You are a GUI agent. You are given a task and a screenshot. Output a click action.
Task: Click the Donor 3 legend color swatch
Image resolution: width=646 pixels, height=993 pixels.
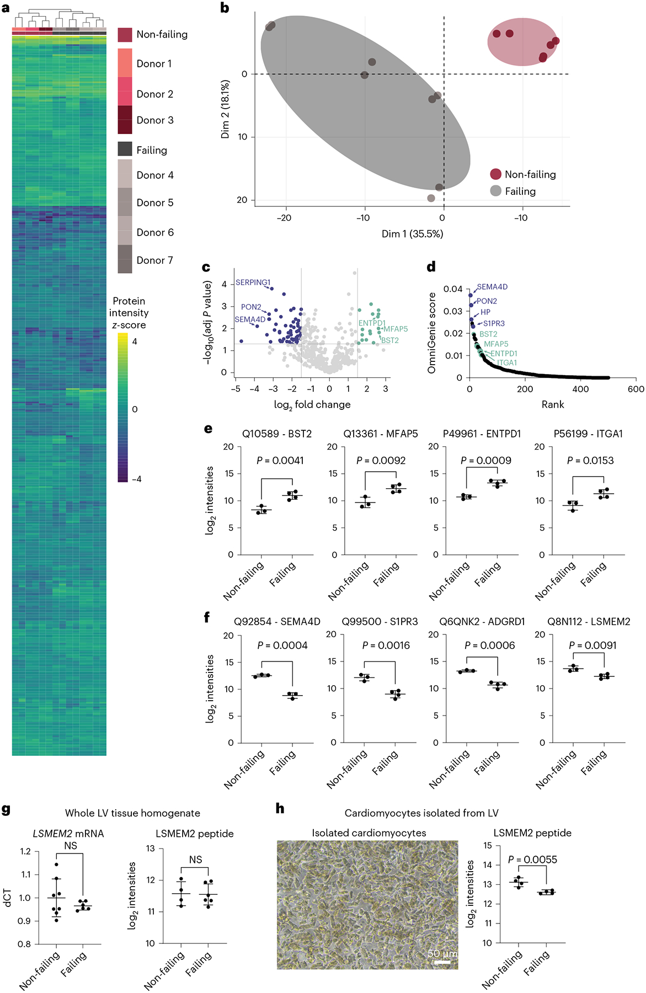[x=125, y=120]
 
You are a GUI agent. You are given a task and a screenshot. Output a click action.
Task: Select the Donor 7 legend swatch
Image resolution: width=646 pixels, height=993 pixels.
[x=125, y=259]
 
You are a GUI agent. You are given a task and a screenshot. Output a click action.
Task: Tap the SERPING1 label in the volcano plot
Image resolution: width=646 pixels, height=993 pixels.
[x=253, y=282]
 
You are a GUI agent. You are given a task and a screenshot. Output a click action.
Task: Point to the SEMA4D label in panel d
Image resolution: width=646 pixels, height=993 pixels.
[x=492, y=287]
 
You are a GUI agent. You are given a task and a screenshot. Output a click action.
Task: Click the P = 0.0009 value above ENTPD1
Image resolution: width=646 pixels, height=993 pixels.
[x=485, y=460]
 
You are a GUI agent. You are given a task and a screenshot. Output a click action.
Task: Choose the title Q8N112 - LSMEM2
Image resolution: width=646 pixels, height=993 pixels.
[x=589, y=622]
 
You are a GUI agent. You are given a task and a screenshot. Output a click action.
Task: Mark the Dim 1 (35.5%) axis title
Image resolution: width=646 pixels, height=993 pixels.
[x=412, y=234]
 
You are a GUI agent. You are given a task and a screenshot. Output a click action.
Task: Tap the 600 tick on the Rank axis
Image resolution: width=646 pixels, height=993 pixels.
[x=636, y=389]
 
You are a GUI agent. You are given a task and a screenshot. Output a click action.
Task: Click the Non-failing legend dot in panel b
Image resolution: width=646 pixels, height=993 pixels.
[x=495, y=174]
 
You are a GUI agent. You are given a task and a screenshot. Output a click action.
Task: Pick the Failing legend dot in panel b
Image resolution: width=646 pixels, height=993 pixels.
[x=495, y=191]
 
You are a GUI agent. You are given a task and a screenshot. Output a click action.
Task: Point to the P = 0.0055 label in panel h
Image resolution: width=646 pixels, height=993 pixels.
[x=532, y=859]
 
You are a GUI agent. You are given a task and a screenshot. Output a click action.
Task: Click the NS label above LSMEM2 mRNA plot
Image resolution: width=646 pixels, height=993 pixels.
[x=71, y=846]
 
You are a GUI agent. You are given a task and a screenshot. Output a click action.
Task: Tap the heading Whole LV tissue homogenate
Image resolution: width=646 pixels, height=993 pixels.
[x=132, y=813]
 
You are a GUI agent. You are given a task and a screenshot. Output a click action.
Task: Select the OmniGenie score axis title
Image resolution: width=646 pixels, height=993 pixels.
[x=432, y=333]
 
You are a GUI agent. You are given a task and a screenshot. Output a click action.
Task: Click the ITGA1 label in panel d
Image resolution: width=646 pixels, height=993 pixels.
[x=507, y=363]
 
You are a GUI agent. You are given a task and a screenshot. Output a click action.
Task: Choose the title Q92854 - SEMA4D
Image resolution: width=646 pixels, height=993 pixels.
[x=277, y=622]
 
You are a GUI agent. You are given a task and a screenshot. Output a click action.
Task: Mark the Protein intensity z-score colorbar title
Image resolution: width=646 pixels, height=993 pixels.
[x=129, y=313]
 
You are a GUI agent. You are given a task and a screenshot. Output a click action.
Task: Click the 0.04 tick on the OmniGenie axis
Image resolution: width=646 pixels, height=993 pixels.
[x=453, y=289]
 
